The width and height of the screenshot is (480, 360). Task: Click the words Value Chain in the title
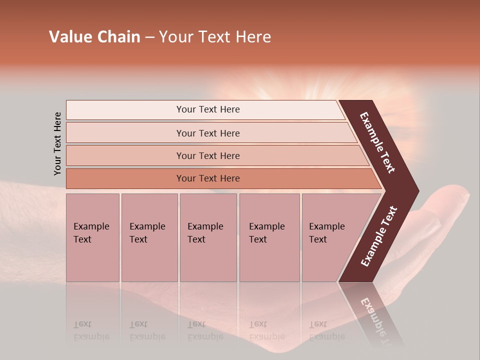click(x=94, y=37)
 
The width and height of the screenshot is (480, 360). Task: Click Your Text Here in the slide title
click(x=215, y=37)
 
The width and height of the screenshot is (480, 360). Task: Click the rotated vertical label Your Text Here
click(x=57, y=143)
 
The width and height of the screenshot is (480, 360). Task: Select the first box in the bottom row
click(x=92, y=237)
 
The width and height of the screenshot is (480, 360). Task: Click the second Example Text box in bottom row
click(x=149, y=237)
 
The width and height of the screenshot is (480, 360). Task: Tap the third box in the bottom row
click(x=208, y=237)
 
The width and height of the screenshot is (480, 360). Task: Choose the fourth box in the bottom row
click(x=269, y=237)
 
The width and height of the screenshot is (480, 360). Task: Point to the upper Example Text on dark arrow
click(x=377, y=142)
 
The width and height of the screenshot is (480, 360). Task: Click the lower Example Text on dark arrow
click(x=379, y=236)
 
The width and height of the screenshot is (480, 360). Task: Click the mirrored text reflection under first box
click(x=91, y=331)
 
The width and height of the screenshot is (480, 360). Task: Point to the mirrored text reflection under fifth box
click(x=326, y=331)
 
